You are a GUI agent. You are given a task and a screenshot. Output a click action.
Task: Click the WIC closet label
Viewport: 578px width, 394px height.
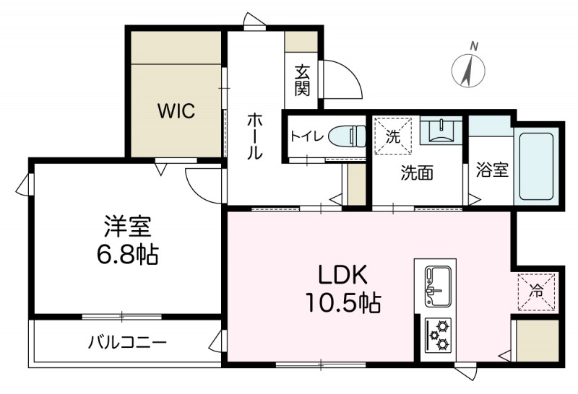[176, 112]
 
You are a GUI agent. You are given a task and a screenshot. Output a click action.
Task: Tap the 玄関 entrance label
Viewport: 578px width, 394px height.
[301, 80]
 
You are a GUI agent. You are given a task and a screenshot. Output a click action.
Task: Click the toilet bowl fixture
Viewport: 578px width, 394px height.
[347, 136]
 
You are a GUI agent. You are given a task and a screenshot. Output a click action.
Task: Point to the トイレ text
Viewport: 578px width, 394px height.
[306, 136]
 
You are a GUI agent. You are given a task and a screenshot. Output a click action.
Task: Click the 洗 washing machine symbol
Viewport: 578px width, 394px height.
[392, 135]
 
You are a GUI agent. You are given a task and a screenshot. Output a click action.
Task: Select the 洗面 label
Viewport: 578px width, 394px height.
[417, 173]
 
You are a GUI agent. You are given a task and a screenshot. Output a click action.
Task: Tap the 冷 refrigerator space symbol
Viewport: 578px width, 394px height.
[538, 292]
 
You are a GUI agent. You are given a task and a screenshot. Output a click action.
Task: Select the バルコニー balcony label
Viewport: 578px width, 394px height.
[128, 341]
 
